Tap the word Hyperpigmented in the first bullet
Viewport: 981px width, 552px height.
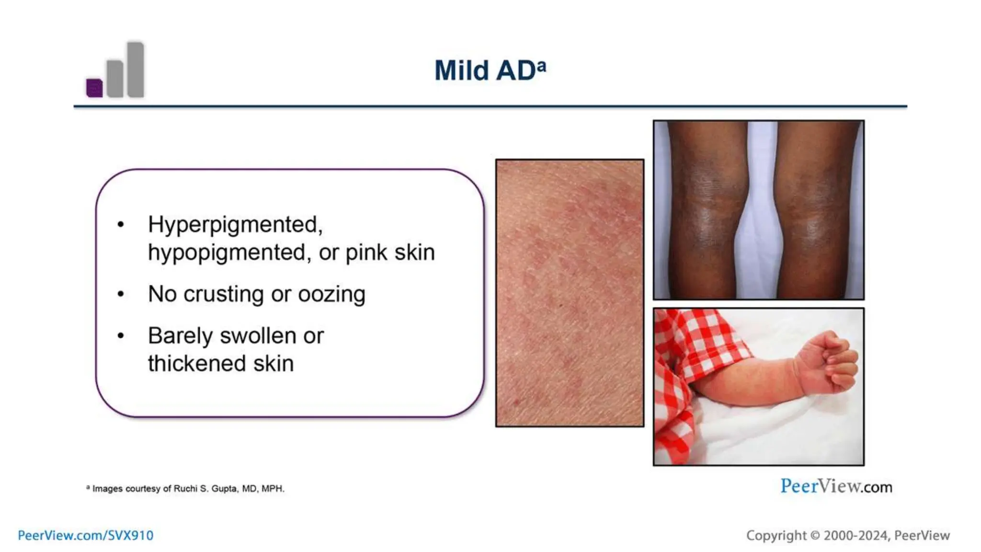pyautogui.click(x=235, y=224)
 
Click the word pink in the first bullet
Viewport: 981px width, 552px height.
pyautogui.click(x=366, y=253)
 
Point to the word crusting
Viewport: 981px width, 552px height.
pyautogui.click(x=223, y=294)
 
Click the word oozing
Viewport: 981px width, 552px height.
pyautogui.click(x=331, y=294)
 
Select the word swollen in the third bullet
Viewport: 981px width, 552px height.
pyautogui.click(x=258, y=336)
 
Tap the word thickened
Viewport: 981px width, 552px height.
pyautogui.click(x=197, y=364)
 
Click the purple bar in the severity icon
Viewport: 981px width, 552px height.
pyautogui.click(x=94, y=88)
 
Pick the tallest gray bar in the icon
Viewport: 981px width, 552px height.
pyautogui.click(x=136, y=70)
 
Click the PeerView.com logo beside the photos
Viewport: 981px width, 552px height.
pyautogui.click(x=836, y=486)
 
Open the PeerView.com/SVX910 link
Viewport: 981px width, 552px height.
pyautogui.click(x=86, y=535)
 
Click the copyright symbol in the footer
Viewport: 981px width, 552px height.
pyautogui.click(x=815, y=535)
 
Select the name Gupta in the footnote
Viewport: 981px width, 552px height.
pyautogui.click(x=224, y=489)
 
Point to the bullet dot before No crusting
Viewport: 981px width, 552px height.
pyautogui.click(x=121, y=294)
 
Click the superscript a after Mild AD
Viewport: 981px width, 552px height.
pyautogui.click(x=541, y=65)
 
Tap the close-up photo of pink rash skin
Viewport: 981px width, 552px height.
pyautogui.click(x=570, y=293)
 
